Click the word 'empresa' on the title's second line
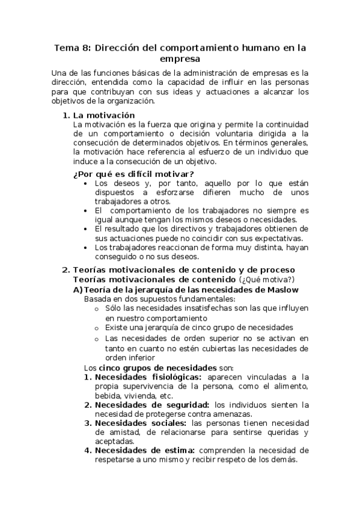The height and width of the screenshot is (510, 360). point(180,59)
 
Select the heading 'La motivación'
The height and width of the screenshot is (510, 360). point(103,115)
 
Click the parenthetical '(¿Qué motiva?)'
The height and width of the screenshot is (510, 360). point(267,280)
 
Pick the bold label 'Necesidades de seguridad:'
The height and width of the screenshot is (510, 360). point(151,405)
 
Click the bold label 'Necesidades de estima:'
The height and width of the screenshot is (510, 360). point(145,450)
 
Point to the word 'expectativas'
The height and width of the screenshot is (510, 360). point(266,238)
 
